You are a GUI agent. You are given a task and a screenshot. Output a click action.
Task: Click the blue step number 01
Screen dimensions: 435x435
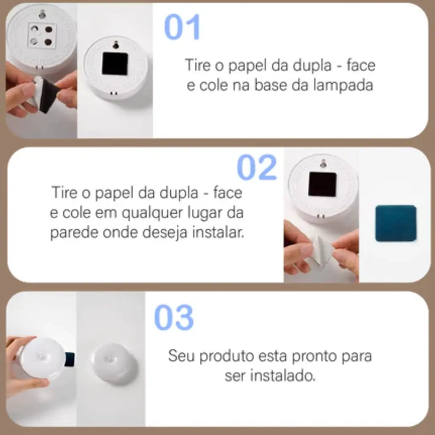(182, 27)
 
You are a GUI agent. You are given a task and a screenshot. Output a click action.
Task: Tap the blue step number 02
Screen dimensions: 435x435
(257, 167)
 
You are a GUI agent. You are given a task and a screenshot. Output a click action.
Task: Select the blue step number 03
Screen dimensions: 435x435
(174, 317)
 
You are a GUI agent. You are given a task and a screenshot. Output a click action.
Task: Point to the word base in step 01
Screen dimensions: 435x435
(270, 85)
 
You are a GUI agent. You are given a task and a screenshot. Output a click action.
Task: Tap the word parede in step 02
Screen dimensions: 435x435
(74, 233)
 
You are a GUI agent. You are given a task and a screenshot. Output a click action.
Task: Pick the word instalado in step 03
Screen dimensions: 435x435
(283, 376)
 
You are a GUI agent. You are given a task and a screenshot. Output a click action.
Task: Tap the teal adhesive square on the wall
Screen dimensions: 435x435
(396, 223)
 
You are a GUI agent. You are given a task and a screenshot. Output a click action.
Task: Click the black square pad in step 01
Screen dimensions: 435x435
(115, 64)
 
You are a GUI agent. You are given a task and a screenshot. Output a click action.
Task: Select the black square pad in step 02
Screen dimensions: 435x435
(322, 184)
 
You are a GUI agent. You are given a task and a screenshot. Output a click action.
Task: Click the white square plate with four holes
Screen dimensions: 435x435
(42, 35)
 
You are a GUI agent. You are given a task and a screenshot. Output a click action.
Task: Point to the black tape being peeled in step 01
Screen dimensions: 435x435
(49, 95)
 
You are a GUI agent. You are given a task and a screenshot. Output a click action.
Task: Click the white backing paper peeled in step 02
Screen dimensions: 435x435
(322, 251)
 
